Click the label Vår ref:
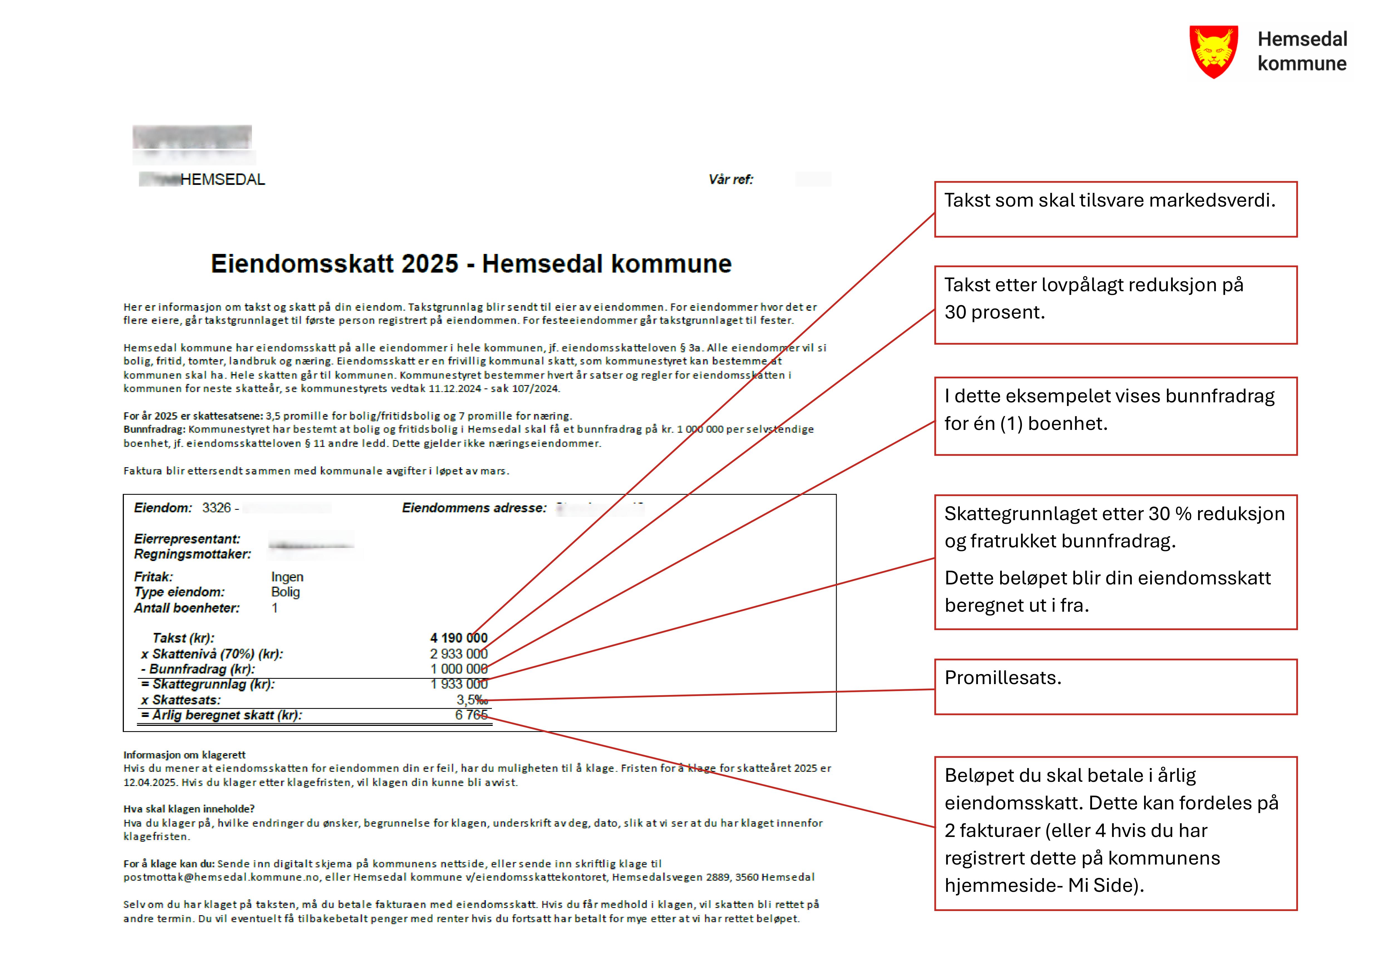click(x=730, y=179)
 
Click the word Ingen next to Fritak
click(x=287, y=577)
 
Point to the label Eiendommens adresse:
click(x=474, y=508)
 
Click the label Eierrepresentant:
click(x=187, y=539)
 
